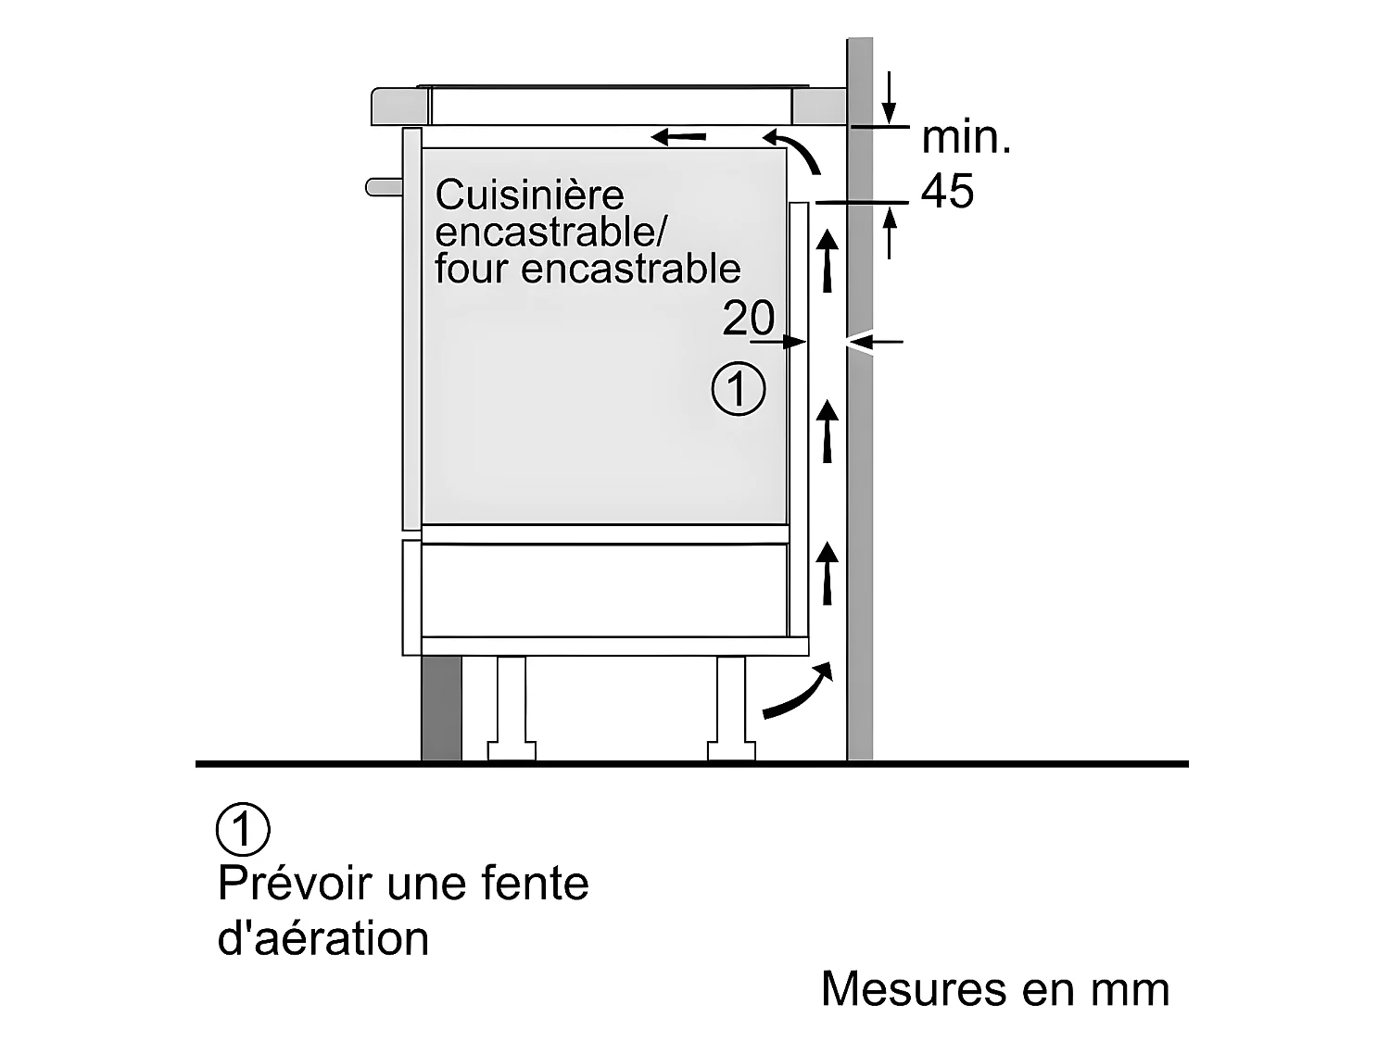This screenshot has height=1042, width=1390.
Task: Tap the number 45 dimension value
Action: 947,190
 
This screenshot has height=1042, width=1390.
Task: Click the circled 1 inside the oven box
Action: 739,388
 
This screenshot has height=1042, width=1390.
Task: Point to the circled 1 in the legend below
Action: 243,829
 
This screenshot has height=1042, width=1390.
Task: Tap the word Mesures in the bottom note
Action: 914,989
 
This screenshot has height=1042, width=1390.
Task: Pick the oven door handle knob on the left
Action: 384,187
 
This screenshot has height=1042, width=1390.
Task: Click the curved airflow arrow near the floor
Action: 799,692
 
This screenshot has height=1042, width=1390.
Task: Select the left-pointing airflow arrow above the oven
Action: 678,136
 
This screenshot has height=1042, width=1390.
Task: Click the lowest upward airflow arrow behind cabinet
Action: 827,573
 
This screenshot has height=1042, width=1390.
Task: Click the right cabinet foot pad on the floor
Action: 731,751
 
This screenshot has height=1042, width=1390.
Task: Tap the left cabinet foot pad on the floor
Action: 512,751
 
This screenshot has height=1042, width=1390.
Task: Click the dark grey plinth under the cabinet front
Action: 441,708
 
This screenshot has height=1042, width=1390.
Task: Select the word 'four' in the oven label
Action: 471,269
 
